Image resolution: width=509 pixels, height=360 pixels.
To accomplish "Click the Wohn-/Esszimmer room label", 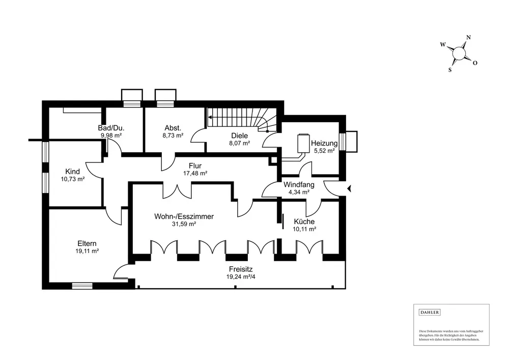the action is point(184,216).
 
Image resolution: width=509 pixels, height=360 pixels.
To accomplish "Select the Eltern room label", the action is point(87,243).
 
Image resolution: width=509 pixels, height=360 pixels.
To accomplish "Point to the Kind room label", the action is point(73,171).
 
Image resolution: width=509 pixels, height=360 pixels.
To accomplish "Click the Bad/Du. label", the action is point(111,128).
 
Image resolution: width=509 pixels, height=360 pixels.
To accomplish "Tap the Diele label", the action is point(239,136).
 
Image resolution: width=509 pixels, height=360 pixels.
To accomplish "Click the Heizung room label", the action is point(324,143).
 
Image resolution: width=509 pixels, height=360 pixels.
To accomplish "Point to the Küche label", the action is point(304,221).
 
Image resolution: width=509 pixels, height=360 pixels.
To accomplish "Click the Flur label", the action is point(195,165).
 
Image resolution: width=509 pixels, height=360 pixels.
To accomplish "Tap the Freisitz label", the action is point(239,270).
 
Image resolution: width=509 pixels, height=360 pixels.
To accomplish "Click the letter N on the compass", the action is point(468,37).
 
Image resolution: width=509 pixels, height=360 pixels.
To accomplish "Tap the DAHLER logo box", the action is point(429,312).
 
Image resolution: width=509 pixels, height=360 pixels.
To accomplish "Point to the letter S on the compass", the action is point(450,70).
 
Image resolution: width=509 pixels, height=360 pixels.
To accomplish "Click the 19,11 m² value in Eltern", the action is point(87,251).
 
